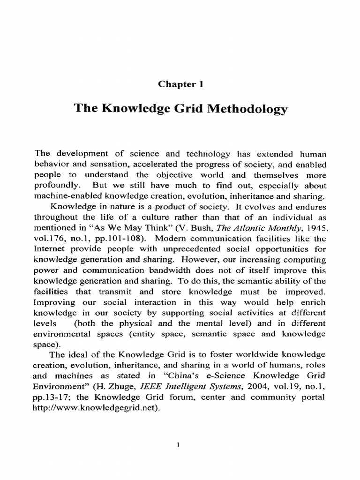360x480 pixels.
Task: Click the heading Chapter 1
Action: click(x=180, y=84)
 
